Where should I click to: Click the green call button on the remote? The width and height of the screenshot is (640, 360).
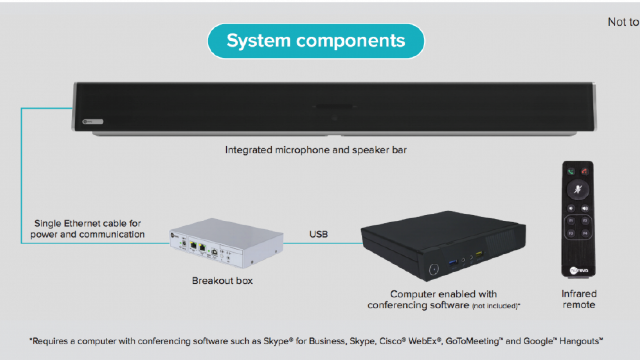coord(571,172)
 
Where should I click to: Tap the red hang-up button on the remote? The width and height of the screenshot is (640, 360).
coord(585,172)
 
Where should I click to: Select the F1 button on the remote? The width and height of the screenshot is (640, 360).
coord(571,221)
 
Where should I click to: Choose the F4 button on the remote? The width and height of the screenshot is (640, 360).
coord(585,233)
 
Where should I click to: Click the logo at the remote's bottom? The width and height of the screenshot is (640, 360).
coord(579,270)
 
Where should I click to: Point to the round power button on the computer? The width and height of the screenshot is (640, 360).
coord(434,269)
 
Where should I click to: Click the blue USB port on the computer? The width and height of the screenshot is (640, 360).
coord(453,262)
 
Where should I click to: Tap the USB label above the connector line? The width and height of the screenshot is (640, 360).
coord(319,234)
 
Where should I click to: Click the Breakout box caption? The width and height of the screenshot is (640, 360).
coord(222,281)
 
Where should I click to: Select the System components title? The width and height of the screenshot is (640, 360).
coord(316,41)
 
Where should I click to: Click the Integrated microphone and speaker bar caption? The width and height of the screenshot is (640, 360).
coord(316,150)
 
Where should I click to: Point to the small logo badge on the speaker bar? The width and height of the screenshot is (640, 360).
coord(93,122)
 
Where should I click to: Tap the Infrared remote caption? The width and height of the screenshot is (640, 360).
coord(579,299)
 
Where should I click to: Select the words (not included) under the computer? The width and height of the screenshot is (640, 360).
coord(496,306)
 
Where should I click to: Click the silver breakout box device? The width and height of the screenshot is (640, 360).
coord(227,243)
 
